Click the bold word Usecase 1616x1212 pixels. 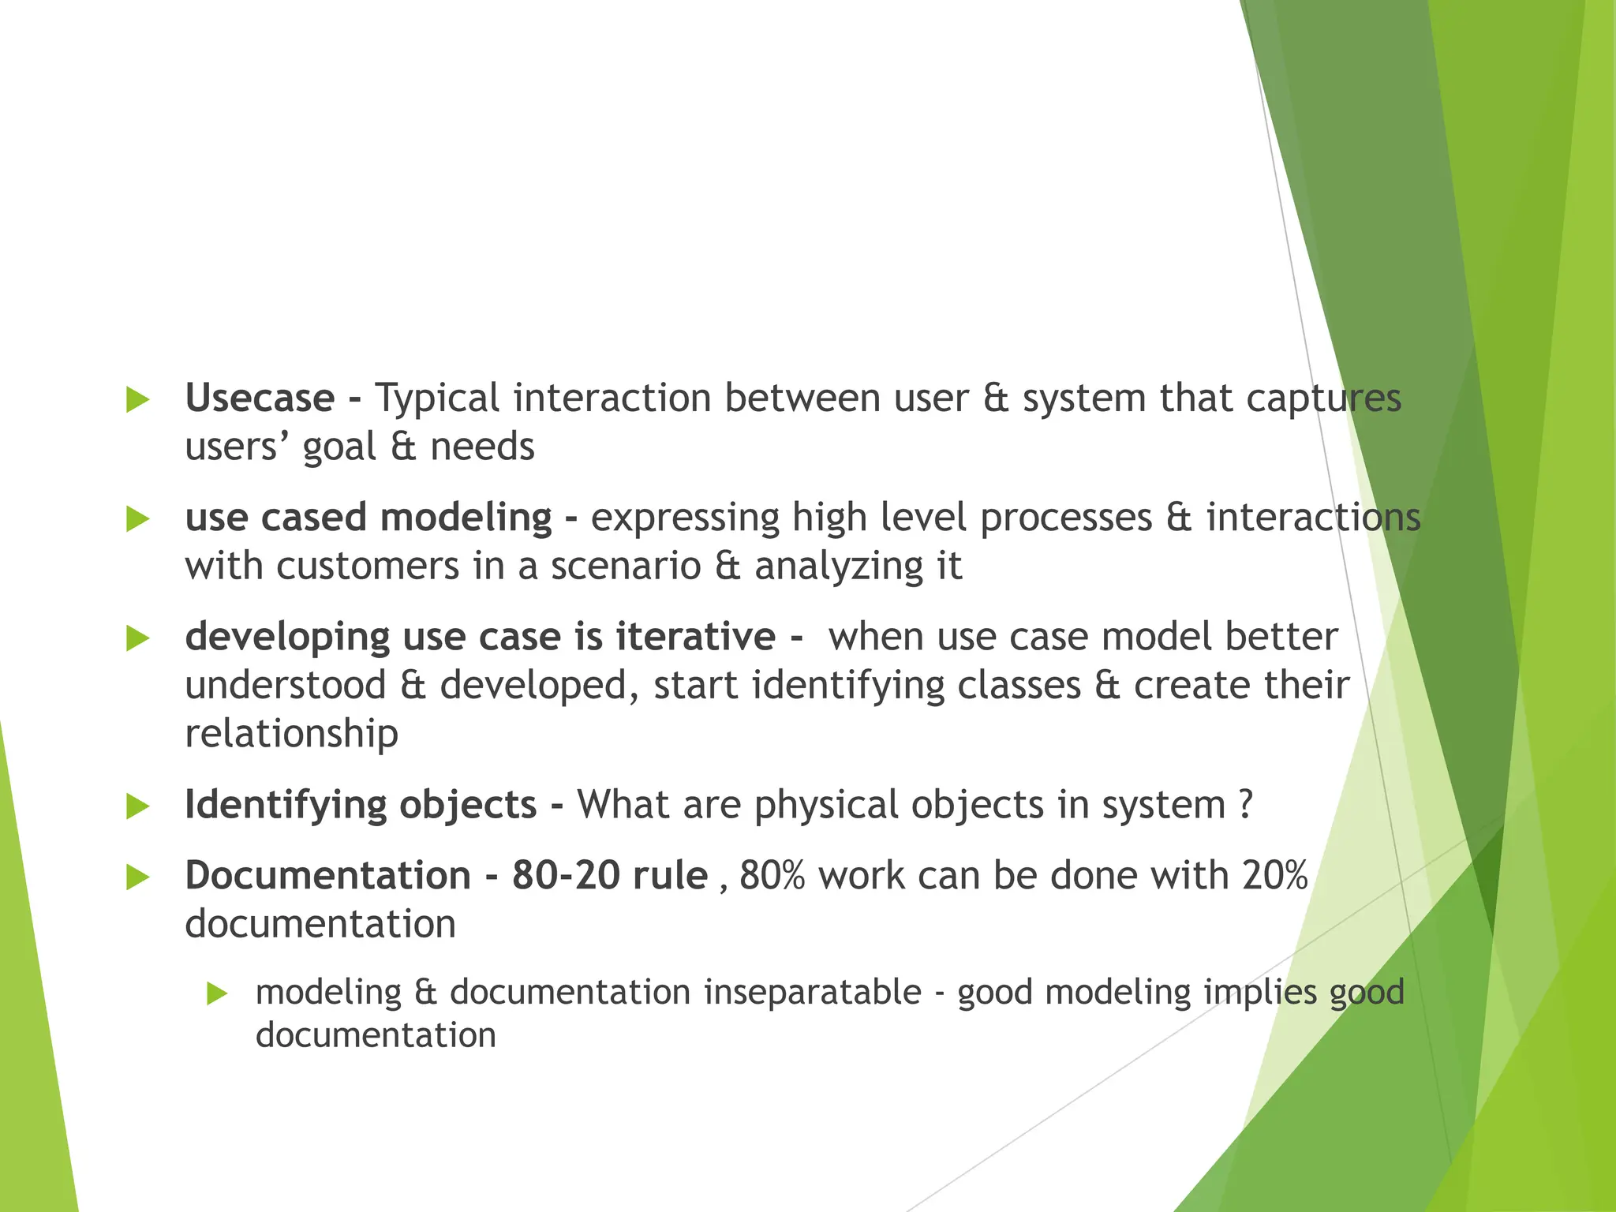260,398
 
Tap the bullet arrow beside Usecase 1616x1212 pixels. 138,399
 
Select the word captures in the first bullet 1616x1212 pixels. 1323,398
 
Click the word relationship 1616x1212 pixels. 291,734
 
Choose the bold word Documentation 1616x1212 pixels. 327,876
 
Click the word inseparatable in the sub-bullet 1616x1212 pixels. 812,993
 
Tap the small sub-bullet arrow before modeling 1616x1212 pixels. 217,993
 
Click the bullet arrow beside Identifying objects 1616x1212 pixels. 138,806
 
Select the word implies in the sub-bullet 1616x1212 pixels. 1259,993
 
